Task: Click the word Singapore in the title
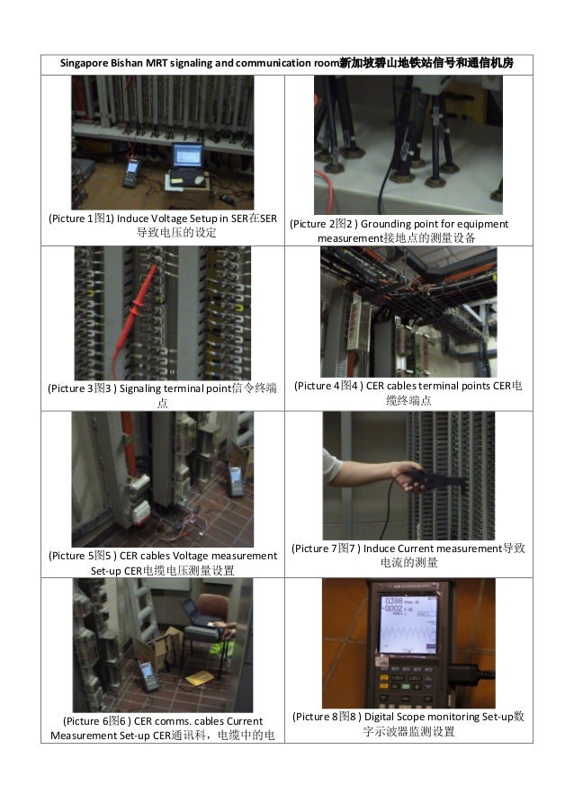click(x=84, y=64)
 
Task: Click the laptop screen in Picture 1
click(x=187, y=155)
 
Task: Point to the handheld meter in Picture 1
click(x=131, y=173)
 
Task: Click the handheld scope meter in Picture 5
click(x=237, y=481)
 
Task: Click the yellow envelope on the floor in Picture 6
click(x=200, y=678)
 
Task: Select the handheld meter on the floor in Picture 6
click(x=148, y=676)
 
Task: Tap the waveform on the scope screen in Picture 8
click(x=408, y=633)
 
